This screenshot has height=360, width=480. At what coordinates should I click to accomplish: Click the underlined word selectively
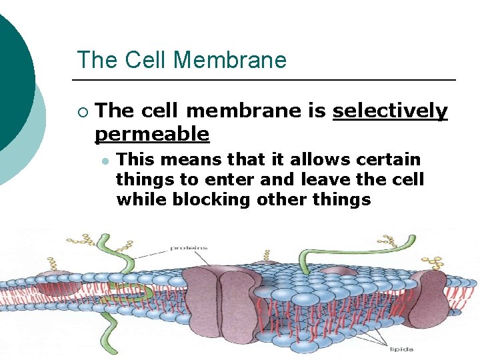[390, 111]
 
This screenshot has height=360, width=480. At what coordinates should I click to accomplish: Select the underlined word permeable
[152, 134]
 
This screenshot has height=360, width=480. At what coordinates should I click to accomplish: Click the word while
[136, 200]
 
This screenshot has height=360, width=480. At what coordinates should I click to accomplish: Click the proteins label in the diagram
[189, 248]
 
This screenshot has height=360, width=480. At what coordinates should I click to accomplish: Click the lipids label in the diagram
[402, 349]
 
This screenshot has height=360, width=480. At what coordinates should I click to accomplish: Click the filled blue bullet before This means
[106, 161]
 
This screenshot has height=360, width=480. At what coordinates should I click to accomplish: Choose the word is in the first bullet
[317, 111]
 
